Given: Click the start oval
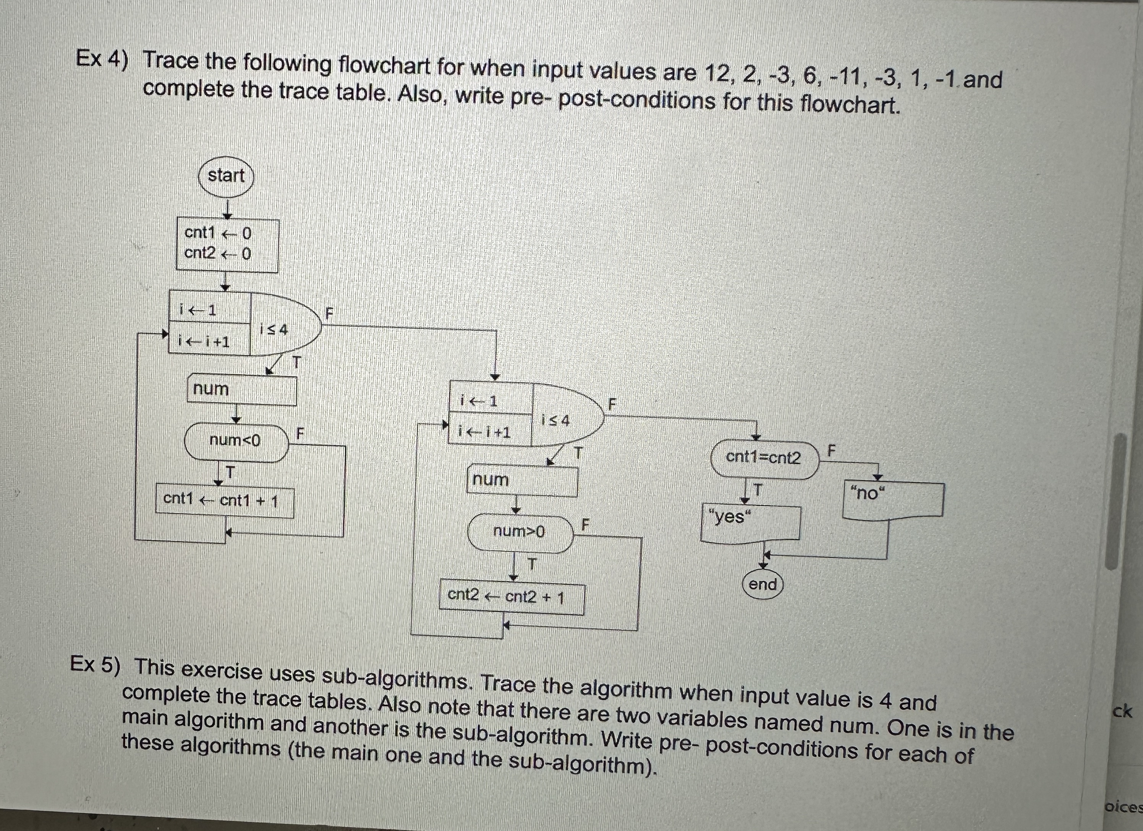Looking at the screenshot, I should pyautogui.click(x=225, y=176).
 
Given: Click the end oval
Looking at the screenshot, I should pyautogui.click(x=763, y=585).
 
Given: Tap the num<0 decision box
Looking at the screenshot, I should pyautogui.click(x=236, y=441).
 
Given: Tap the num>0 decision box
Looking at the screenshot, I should pyautogui.click(x=520, y=532).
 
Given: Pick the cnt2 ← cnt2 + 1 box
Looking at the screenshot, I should pyautogui.click(x=511, y=597).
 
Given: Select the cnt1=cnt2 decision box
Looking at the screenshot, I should pyautogui.click(x=763, y=458).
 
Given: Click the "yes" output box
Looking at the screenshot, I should pyautogui.click(x=750, y=522).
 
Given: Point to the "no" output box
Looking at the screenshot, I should pyautogui.click(x=892, y=498).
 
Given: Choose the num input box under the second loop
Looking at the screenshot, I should pyautogui.click(x=521, y=480).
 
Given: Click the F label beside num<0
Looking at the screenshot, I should pyautogui.click(x=300, y=433).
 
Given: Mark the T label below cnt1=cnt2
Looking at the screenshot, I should pyautogui.click(x=757, y=489).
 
